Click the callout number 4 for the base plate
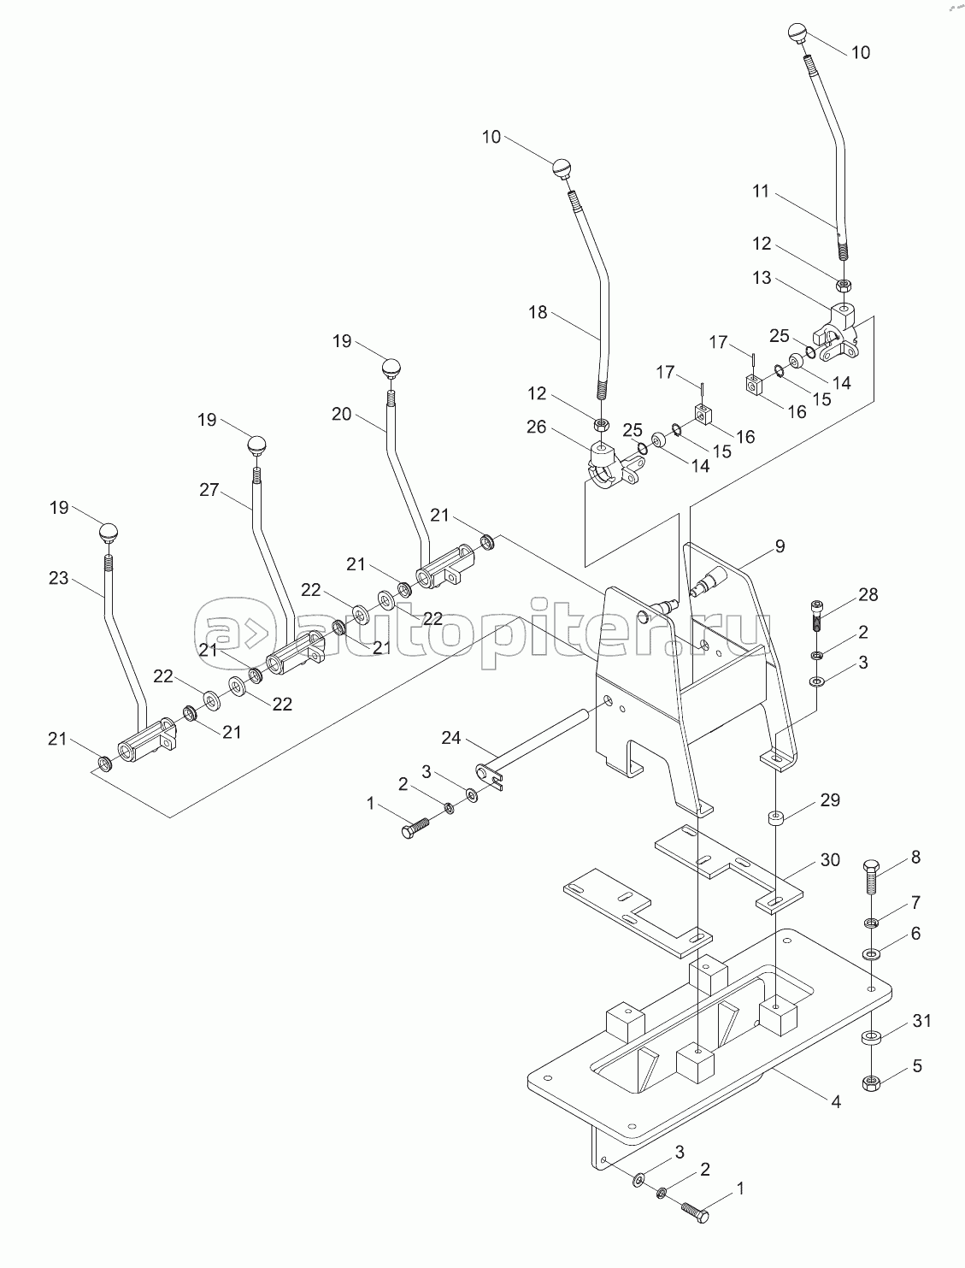[836, 1102]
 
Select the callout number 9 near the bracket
[780, 546]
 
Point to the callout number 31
[921, 1021]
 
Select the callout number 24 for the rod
[451, 737]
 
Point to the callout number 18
[538, 313]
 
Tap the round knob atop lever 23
[108, 533]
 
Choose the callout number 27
[209, 490]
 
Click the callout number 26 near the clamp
[537, 427]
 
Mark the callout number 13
[762, 277]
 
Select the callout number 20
[341, 414]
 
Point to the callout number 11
[761, 191]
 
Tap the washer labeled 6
[871, 952]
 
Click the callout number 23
[58, 578]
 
